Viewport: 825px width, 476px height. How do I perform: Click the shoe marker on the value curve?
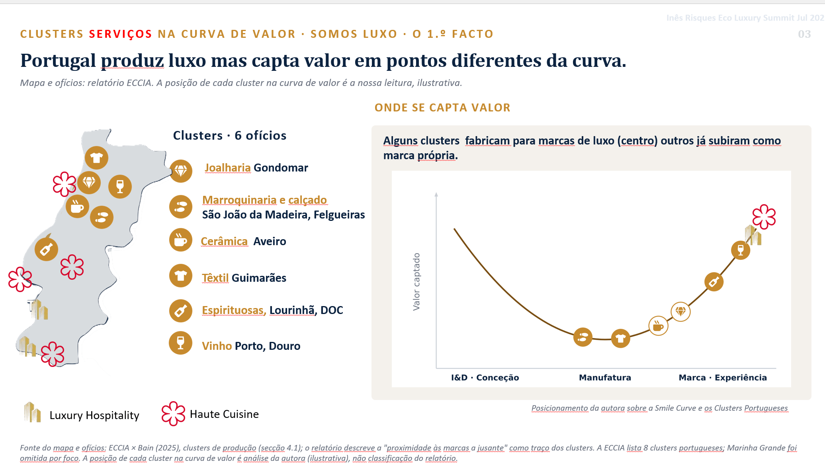(x=583, y=337)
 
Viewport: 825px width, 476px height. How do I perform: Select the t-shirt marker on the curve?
(x=620, y=339)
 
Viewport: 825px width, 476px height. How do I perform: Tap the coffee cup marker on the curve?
(x=659, y=326)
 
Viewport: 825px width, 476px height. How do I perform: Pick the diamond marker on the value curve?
(x=681, y=312)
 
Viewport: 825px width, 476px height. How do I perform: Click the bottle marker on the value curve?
(x=714, y=282)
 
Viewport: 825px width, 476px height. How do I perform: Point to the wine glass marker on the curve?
(x=741, y=250)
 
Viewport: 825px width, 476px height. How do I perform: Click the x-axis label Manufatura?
(x=605, y=377)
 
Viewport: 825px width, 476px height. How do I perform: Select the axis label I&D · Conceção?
(x=485, y=377)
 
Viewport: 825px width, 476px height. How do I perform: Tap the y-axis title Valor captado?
(x=416, y=281)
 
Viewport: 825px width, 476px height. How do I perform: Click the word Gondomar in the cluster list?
(x=281, y=168)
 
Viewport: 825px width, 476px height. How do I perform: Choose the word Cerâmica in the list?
(x=224, y=241)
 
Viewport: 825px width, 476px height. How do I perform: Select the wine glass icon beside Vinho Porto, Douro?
(x=180, y=343)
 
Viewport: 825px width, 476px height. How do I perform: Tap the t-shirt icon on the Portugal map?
(x=96, y=158)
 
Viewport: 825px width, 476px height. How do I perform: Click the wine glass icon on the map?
(x=120, y=186)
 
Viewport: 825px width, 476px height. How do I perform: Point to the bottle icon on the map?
(x=47, y=249)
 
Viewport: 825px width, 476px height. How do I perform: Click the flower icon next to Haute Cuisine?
(x=174, y=414)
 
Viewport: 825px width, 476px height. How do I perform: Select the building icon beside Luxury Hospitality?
(x=32, y=412)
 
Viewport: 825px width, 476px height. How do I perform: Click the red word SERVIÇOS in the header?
(x=121, y=34)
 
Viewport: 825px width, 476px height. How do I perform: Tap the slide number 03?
(x=804, y=34)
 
